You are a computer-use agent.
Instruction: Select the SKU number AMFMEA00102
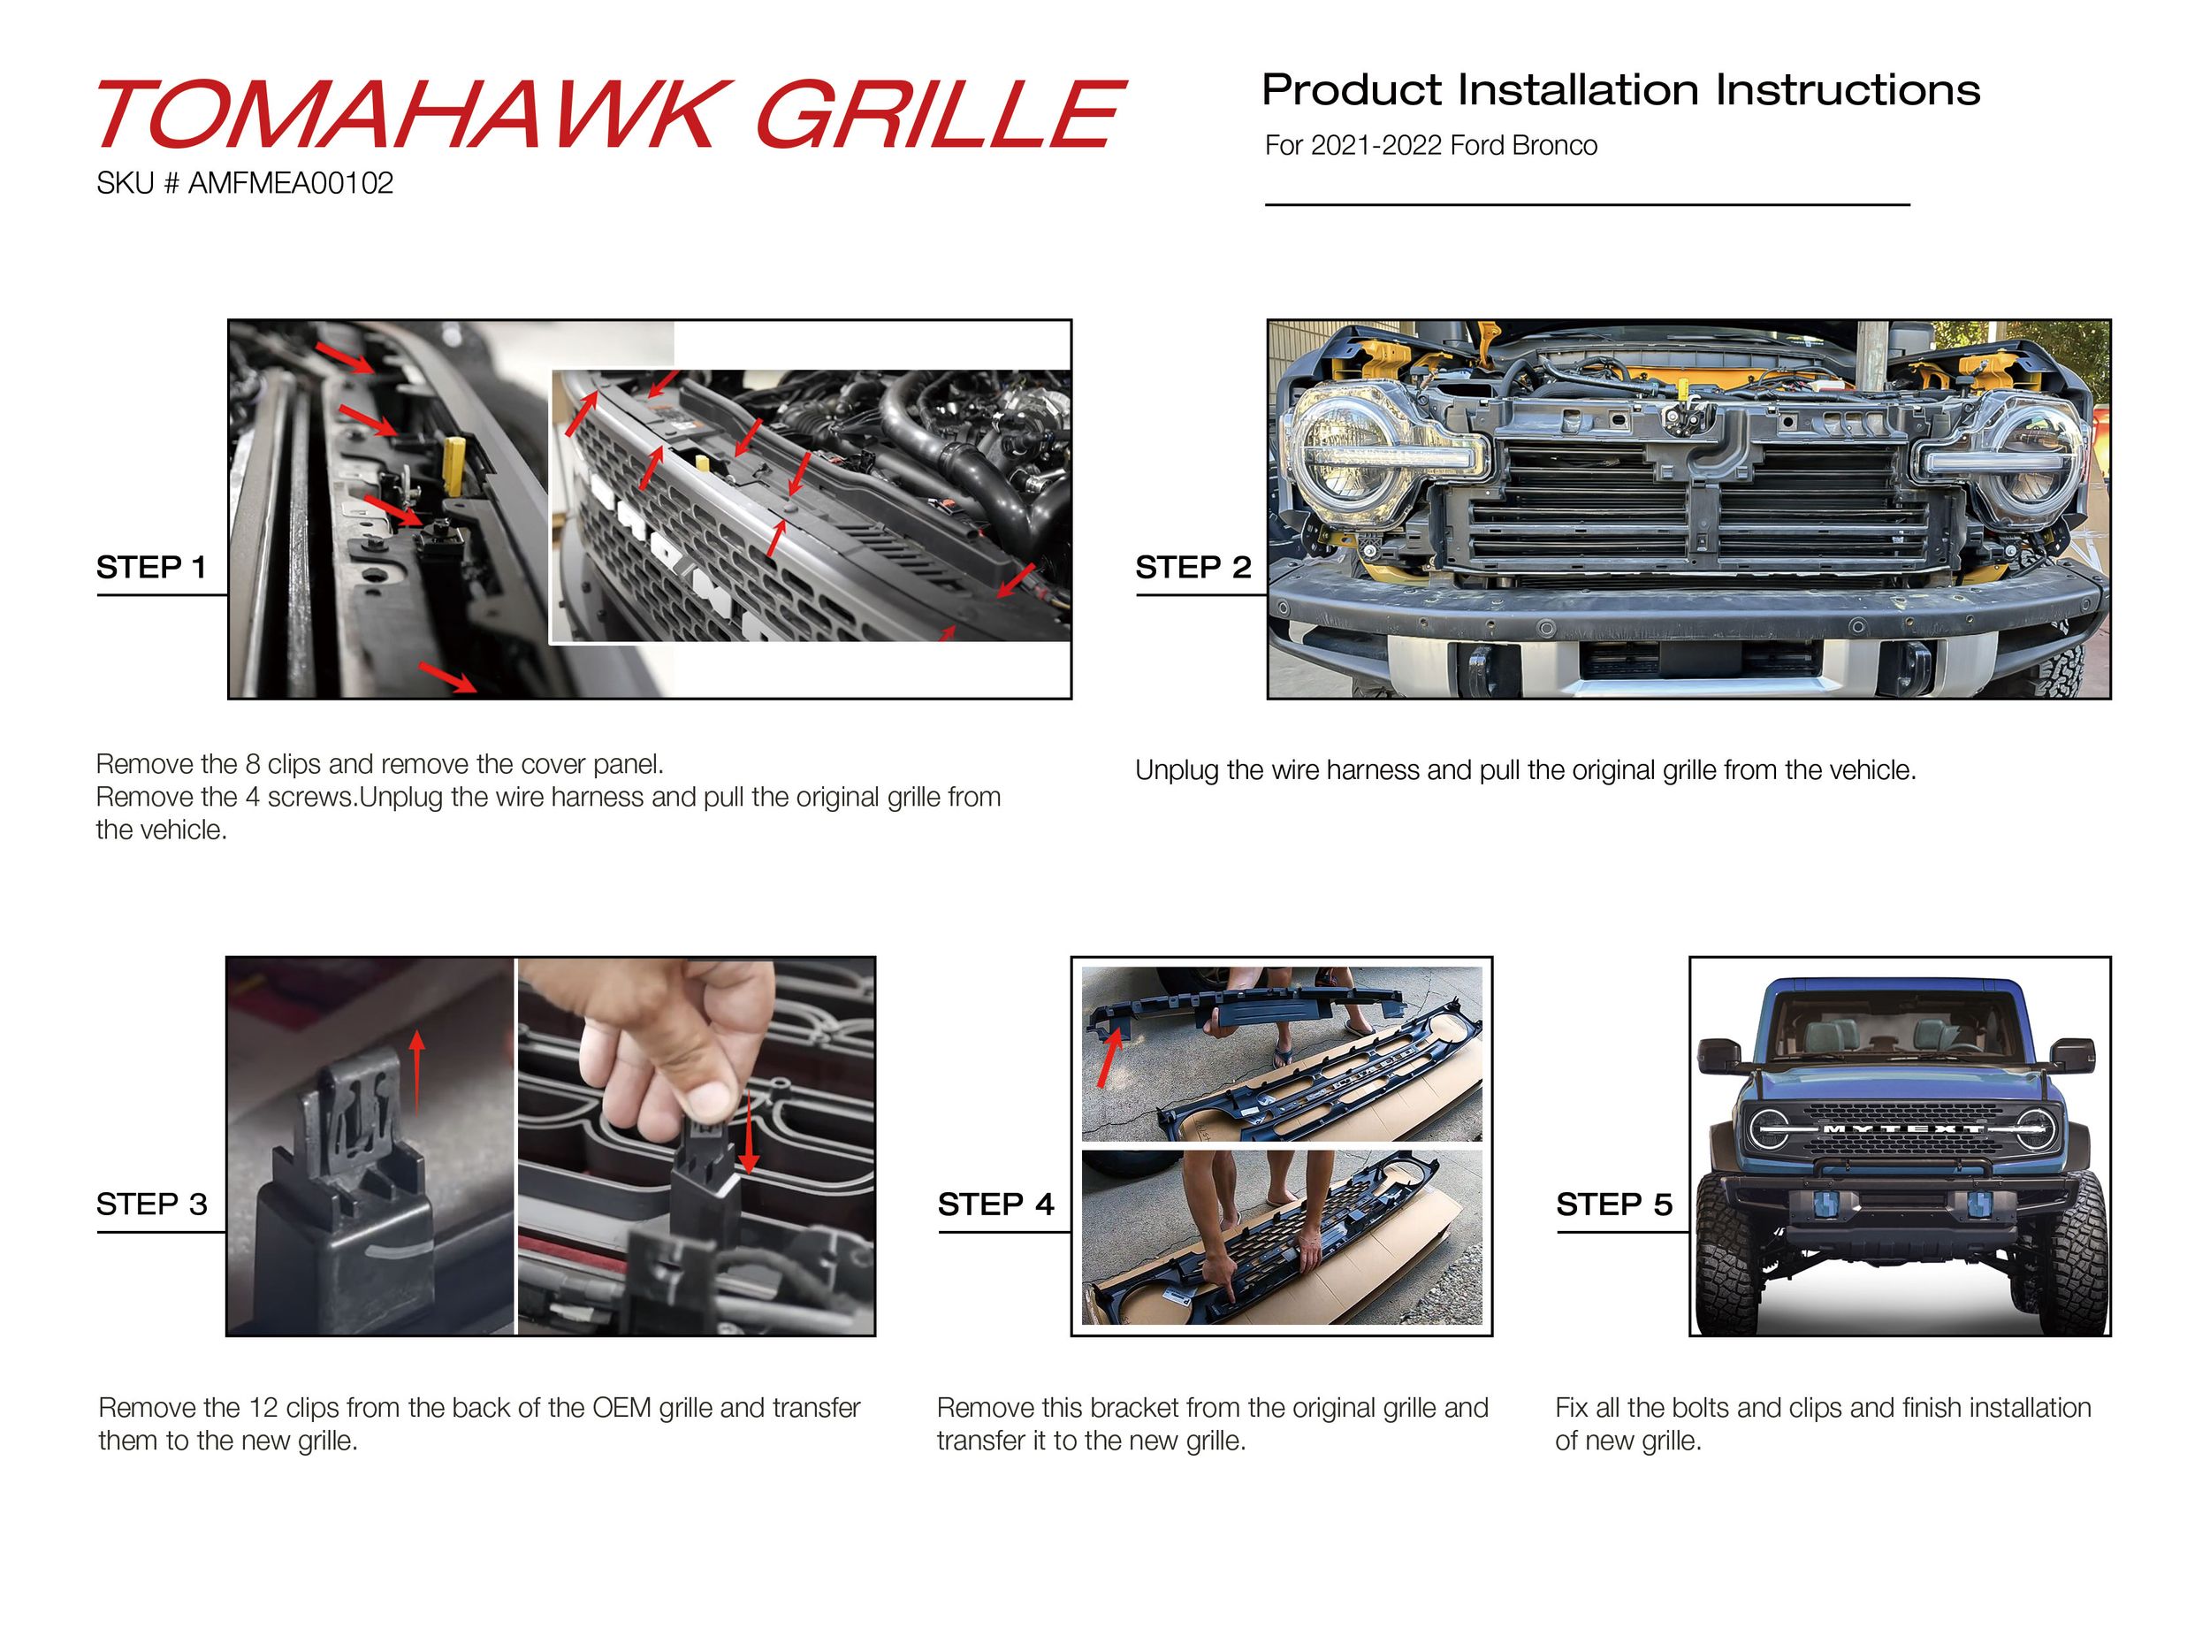[x=291, y=183]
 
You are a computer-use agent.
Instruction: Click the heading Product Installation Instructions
[x=1620, y=89]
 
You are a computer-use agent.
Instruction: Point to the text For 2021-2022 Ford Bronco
[x=1430, y=146]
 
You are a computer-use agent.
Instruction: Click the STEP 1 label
[x=151, y=567]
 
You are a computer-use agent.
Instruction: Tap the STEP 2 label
[x=1193, y=567]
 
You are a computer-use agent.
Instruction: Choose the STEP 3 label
[x=152, y=1204]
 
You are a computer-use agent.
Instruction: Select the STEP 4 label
[x=995, y=1204]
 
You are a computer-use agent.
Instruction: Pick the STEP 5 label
[x=1613, y=1204]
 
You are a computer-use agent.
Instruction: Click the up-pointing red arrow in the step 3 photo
[x=417, y=1072]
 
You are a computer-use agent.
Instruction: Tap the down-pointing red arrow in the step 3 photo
[x=748, y=1133]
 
